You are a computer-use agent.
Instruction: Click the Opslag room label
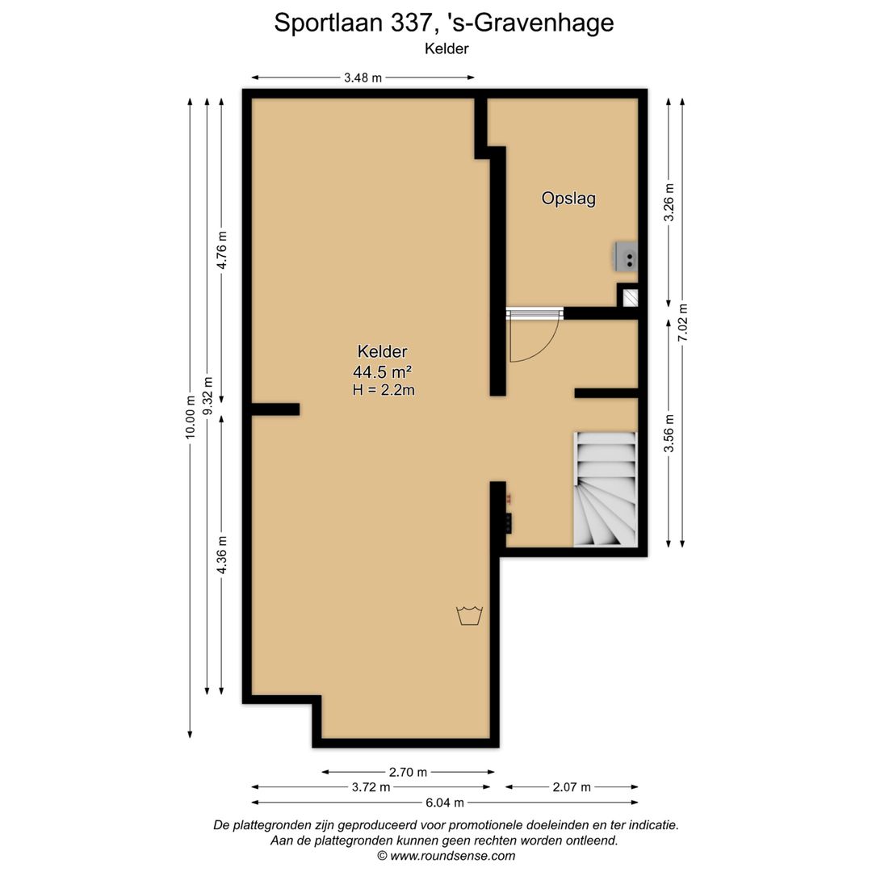[x=568, y=199]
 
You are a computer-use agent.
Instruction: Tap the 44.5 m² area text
[x=382, y=371]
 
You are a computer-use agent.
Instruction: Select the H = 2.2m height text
[x=384, y=390]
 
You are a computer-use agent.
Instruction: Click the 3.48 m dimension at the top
[x=363, y=78]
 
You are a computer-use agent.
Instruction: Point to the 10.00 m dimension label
[x=191, y=417]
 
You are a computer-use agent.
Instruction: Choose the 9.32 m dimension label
[x=208, y=396]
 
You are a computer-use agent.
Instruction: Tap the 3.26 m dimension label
[x=668, y=203]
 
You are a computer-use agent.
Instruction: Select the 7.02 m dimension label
[x=683, y=322]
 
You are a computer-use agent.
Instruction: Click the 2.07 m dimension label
[x=571, y=787]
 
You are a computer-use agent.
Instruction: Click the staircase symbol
[x=605, y=489]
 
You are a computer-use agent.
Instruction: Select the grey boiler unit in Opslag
[x=626, y=255]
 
